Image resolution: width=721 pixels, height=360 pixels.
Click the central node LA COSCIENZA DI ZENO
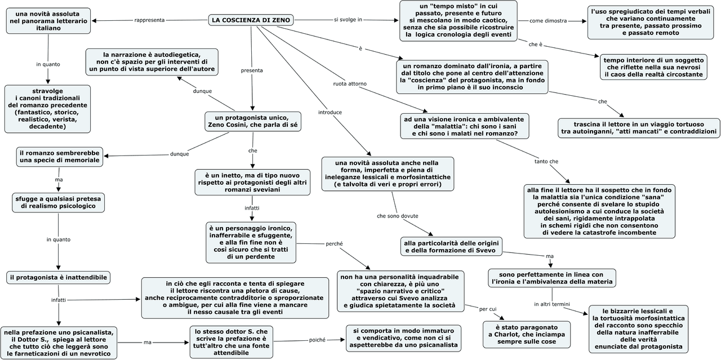tap(251, 20)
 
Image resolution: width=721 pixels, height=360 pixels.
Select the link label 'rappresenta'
tap(149, 20)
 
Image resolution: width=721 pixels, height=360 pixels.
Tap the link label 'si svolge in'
tap(348, 20)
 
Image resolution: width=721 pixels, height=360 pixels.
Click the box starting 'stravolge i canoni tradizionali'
tap(47, 109)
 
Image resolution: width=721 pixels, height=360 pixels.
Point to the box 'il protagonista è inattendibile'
tap(59, 277)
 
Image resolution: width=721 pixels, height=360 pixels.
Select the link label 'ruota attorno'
tap(350, 84)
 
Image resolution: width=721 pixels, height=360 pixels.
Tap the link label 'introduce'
tap(330, 112)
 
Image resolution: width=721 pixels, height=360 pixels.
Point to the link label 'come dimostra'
tap(548, 21)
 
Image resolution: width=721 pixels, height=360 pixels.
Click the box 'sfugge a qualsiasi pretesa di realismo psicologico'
tap(59, 202)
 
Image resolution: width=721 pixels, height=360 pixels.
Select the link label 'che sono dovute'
tap(398, 216)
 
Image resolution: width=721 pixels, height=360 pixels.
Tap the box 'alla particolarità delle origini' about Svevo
tap(451, 246)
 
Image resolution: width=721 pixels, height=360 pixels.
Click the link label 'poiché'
tap(317, 340)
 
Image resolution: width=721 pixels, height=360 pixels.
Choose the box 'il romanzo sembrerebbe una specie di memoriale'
tap(60, 157)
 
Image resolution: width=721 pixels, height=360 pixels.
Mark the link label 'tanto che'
tap(546, 162)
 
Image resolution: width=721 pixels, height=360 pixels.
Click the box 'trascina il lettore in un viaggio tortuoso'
tap(639, 128)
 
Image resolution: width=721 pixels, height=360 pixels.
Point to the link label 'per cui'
tap(488, 309)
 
